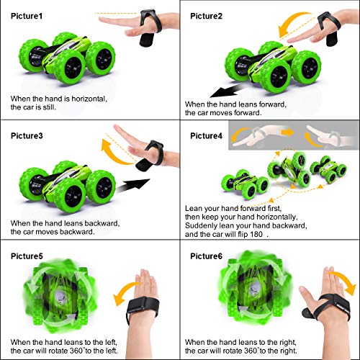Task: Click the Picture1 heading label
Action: (x=26, y=16)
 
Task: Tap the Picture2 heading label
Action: (x=206, y=16)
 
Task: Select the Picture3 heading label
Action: (x=26, y=135)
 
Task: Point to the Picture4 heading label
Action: (x=206, y=135)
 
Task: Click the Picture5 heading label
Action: (x=26, y=256)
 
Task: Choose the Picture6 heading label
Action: (x=206, y=256)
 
